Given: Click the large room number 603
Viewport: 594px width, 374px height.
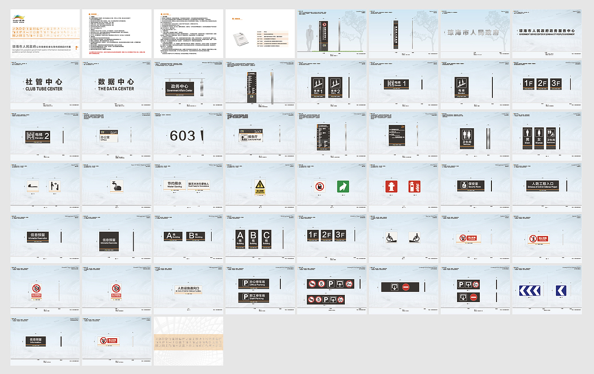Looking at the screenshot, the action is click(x=182, y=136).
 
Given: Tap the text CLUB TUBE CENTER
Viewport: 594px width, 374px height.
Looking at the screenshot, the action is click(x=44, y=89).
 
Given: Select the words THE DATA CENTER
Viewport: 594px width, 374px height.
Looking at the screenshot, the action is click(x=116, y=89).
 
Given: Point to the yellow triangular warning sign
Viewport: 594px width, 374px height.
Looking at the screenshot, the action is click(x=260, y=185).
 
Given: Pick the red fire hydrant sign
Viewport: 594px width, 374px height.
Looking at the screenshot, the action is click(x=392, y=186).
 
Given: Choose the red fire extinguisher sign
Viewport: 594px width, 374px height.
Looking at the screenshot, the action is click(x=414, y=186).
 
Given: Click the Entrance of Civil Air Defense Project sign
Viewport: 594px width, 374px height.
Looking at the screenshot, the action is click(x=542, y=185).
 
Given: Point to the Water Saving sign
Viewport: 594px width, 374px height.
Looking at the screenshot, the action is click(x=171, y=184).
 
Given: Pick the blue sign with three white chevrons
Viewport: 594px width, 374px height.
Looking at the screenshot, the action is click(x=529, y=291).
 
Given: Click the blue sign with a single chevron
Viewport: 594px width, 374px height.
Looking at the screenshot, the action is click(x=561, y=291).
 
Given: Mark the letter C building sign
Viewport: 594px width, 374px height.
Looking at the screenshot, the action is click(x=266, y=238).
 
